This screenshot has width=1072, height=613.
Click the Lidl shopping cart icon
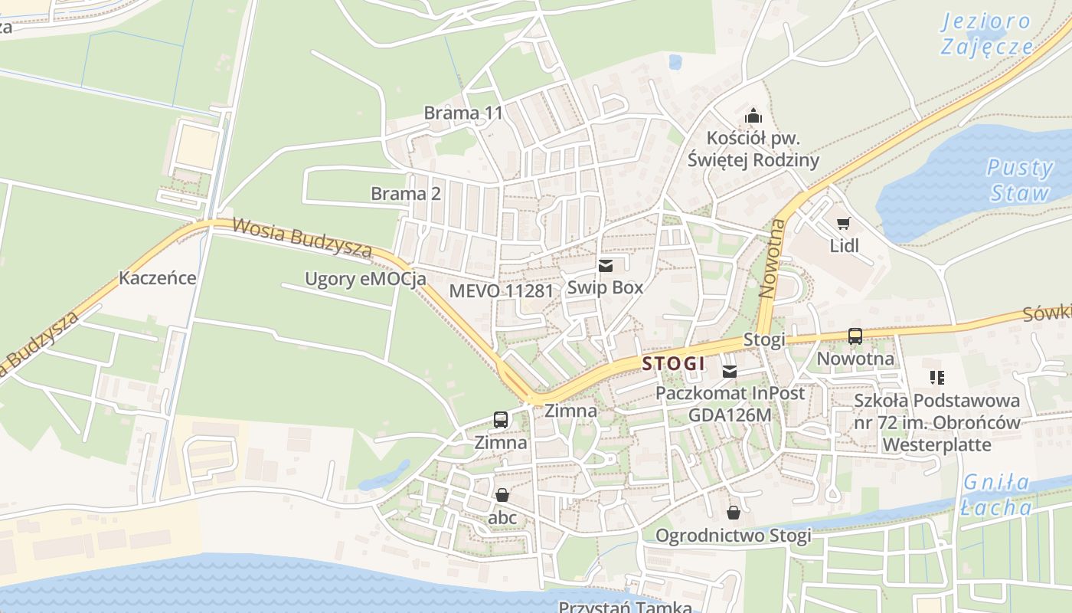(x=843, y=224)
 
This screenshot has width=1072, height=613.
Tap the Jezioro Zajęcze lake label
(x=986, y=34)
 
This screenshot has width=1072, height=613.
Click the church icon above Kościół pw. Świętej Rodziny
(x=753, y=116)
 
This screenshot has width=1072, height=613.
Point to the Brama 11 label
(x=463, y=113)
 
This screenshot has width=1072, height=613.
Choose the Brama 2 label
(x=406, y=194)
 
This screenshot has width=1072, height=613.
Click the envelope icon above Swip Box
(x=606, y=266)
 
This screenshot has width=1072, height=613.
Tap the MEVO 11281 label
(x=501, y=291)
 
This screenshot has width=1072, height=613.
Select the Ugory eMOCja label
(x=365, y=279)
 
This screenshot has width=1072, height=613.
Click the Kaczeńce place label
(x=157, y=278)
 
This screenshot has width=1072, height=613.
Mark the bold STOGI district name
(x=673, y=364)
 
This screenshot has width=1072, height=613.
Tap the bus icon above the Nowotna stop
(x=855, y=336)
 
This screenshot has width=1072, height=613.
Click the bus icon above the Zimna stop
(x=501, y=420)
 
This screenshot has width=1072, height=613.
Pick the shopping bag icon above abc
(x=502, y=496)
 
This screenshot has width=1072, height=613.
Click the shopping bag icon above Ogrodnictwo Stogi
(x=734, y=513)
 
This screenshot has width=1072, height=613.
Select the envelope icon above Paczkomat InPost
(x=730, y=372)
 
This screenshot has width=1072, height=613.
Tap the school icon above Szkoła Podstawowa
(x=936, y=378)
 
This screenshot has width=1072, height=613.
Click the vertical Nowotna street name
(x=774, y=258)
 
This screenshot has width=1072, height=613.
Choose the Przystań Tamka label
(x=625, y=607)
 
